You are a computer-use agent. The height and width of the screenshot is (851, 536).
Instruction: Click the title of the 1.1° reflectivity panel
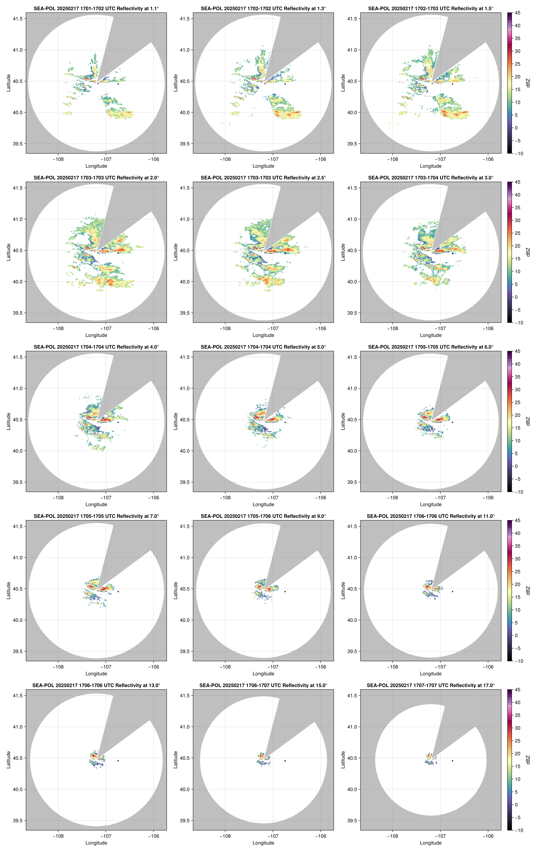point(96,8)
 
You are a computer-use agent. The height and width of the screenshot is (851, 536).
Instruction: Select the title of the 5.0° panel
point(263,347)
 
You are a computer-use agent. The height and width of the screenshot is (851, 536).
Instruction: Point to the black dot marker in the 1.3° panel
point(285,84)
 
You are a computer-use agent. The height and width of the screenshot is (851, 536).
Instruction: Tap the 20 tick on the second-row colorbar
point(517,246)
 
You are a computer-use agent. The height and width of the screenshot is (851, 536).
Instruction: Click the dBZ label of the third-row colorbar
point(528,421)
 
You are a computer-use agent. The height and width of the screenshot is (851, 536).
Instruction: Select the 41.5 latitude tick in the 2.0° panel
point(18,188)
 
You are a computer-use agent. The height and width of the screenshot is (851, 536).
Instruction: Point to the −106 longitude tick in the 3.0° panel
point(488,328)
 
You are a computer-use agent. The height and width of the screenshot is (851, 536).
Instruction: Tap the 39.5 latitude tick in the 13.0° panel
point(18,821)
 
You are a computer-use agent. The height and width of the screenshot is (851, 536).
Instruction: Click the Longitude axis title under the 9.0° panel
point(263,674)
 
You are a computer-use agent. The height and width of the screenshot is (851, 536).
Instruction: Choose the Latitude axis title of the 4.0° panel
point(8,421)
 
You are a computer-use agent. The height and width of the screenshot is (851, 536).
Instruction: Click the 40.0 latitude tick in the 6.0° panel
point(352,451)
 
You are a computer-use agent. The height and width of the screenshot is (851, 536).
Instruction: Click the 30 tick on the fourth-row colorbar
point(517,559)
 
